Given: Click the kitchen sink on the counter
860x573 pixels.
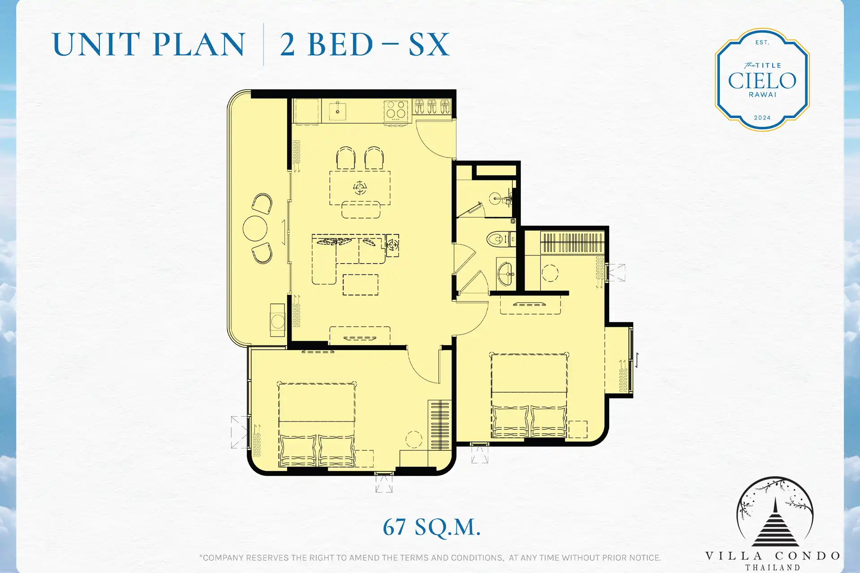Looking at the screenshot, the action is coord(337,110).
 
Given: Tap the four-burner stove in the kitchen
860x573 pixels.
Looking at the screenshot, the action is coord(396,110).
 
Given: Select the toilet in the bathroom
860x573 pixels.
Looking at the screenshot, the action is coord(501,239).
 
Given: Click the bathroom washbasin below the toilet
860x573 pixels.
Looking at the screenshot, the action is coord(506,273).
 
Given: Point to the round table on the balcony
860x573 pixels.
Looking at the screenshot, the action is coord(255,228).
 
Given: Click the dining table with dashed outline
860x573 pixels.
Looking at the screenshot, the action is coord(360,188).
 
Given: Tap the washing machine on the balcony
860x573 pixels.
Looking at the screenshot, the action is coord(277,321).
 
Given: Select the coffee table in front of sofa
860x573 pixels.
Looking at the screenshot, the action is coord(360,285).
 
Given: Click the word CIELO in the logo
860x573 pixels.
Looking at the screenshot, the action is coord(762,81).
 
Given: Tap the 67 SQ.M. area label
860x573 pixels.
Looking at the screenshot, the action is coord(431,527).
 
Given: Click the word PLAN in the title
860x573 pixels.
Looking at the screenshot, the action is coord(199,44).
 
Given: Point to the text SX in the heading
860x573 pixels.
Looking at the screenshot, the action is coord(429,44).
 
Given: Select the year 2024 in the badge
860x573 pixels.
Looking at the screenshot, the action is coord(762,118).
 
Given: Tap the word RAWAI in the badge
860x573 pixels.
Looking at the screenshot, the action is coord(762,95).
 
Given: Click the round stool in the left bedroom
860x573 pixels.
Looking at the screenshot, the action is coord(413,439).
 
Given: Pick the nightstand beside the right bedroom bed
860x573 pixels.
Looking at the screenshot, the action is coord(578,429).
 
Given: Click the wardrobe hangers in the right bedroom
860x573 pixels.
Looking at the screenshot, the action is coord(572,243).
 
